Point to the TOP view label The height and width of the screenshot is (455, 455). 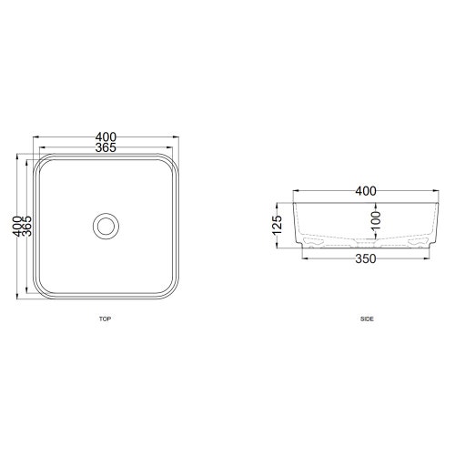click(105, 319)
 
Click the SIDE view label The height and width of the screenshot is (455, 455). click(367, 319)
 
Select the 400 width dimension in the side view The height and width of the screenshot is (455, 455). click(364, 191)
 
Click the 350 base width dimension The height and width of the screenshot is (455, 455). click(364, 259)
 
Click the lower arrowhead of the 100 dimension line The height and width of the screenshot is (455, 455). click(375, 239)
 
